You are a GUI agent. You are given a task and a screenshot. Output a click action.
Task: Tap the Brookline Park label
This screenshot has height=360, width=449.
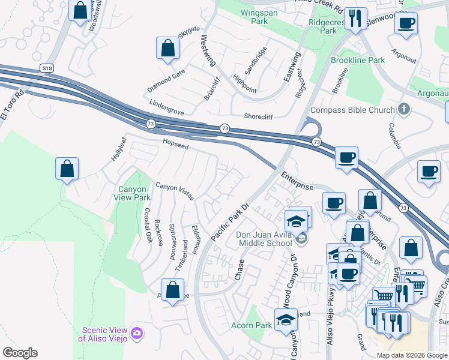[358, 61]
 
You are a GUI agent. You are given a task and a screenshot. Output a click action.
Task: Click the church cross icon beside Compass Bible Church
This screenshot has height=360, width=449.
[404, 109]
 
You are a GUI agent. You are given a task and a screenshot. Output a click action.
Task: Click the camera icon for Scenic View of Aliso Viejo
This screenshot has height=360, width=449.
[137, 332]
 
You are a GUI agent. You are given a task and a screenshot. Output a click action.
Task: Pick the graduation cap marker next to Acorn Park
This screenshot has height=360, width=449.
[286, 320]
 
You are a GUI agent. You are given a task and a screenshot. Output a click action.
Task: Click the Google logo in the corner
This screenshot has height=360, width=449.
[20, 353]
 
